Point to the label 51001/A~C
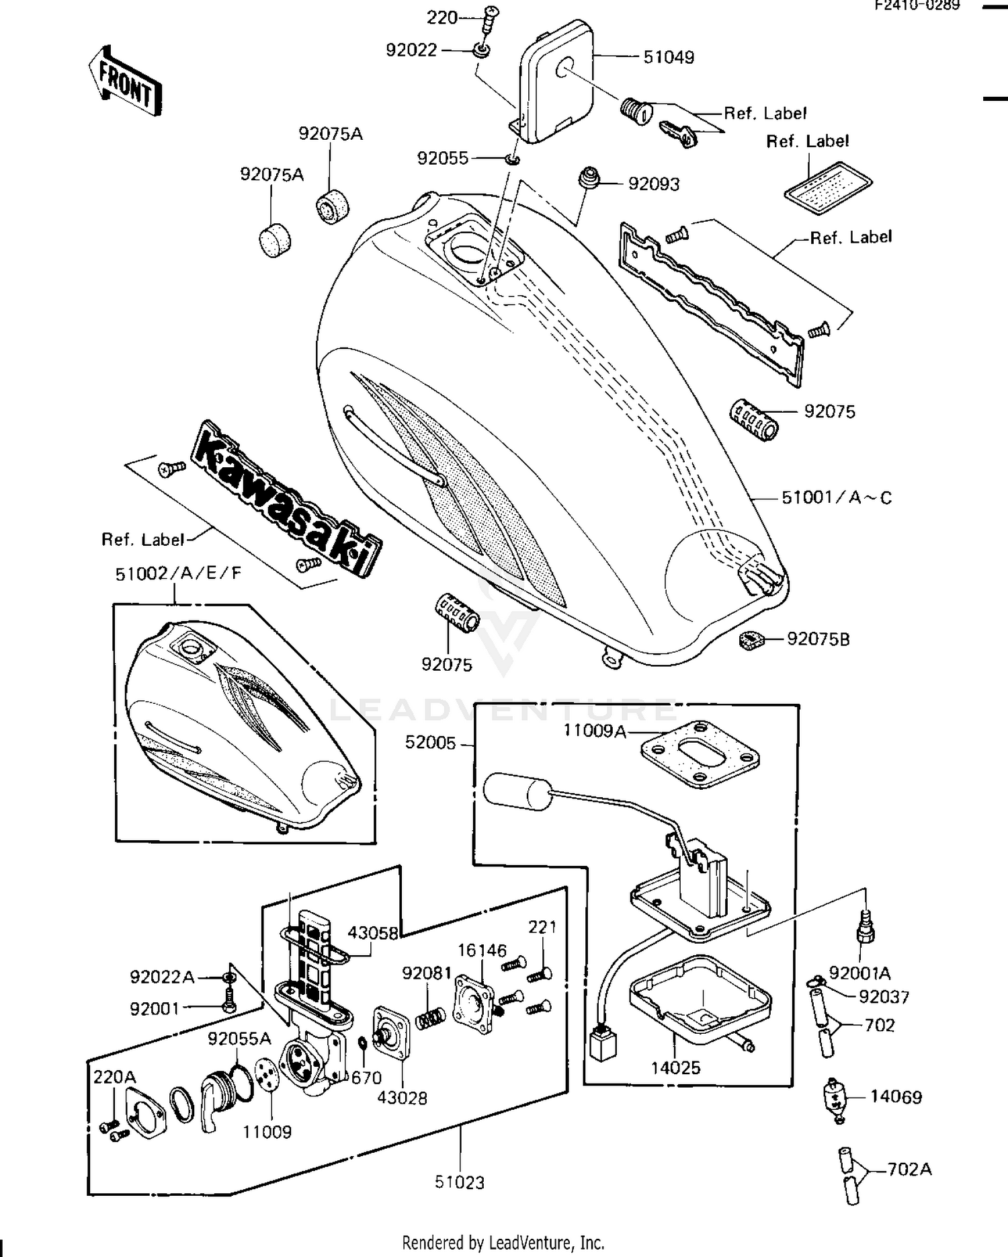click(837, 498)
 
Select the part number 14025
click(675, 1067)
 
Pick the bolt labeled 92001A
click(864, 931)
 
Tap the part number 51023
click(460, 1181)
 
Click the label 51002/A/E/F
click(178, 573)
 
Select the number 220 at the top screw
click(442, 17)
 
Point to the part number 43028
click(402, 1098)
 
